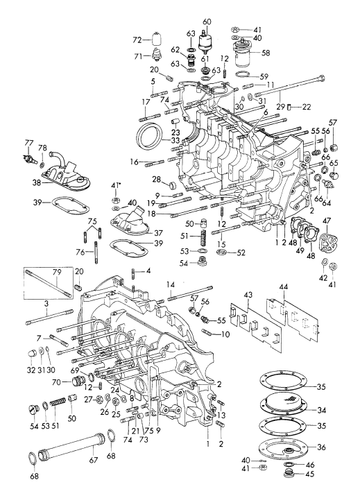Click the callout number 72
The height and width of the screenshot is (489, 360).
137,40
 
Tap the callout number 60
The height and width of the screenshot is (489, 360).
205,22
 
